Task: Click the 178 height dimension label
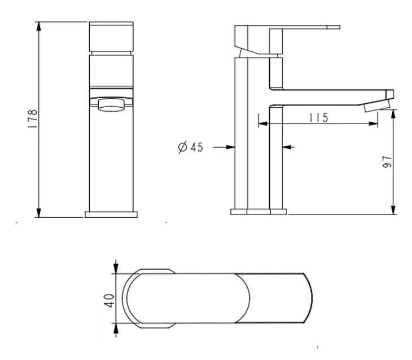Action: pyautogui.click(x=33, y=118)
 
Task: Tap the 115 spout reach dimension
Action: pyautogui.click(x=319, y=117)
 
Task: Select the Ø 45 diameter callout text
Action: pyautogui.click(x=191, y=147)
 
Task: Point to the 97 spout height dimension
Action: pyautogui.click(x=387, y=161)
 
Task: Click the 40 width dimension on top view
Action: pyautogui.click(x=109, y=301)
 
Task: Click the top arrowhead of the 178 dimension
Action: pyautogui.click(x=39, y=27)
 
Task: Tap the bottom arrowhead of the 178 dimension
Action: pyautogui.click(x=39, y=212)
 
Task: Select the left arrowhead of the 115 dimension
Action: pyautogui.click(x=263, y=124)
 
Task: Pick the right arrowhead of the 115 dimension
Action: pyautogui.click(x=374, y=124)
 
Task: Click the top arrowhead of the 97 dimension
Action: pyautogui.click(x=393, y=115)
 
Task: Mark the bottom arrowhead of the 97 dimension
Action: pyautogui.click(x=393, y=209)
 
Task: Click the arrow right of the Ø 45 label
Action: pyautogui.click(x=224, y=147)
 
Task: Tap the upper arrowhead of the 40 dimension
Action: pyautogui.click(x=116, y=267)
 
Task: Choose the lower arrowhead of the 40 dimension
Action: pyautogui.click(x=116, y=330)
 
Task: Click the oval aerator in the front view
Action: pyautogui.click(x=111, y=105)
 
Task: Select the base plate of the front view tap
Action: pyautogui.click(x=111, y=214)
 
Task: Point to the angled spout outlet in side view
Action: pyautogui.click(x=377, y=107)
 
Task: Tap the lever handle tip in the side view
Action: pyautogui.click(x=334, y=27)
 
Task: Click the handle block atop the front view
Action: pyautogui.click(x=111, y=37)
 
